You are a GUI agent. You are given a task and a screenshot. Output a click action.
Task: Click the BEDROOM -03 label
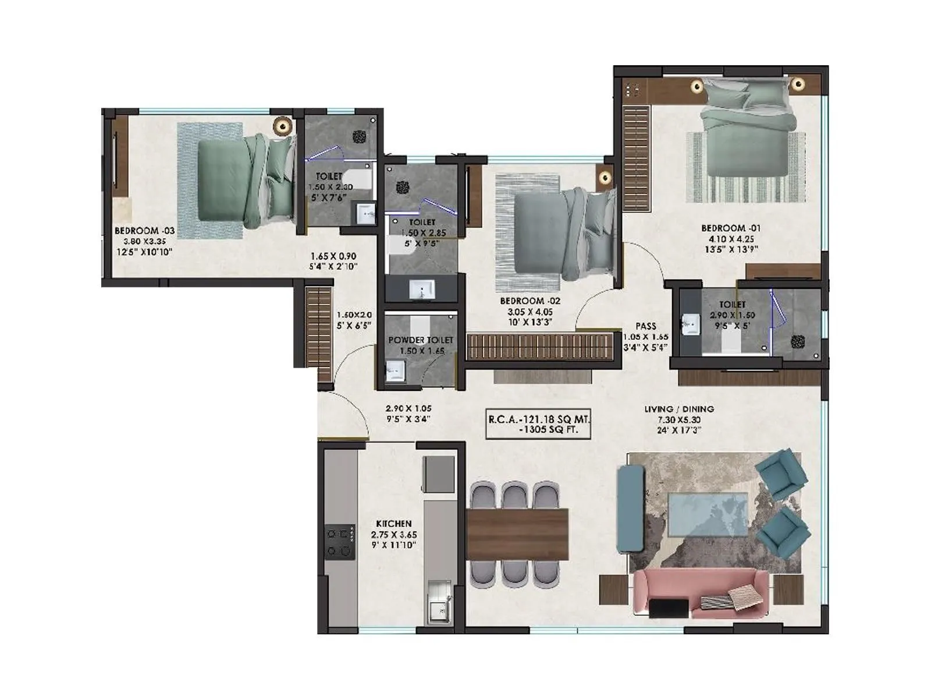144,231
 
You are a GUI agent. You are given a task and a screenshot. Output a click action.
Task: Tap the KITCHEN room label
394,524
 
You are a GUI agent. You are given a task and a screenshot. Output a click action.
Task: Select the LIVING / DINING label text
678,409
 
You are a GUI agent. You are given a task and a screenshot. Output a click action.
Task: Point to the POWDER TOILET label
421,340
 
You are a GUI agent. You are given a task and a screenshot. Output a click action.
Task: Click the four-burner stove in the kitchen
340,542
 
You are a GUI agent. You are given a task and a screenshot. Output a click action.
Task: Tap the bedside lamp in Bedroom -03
283,125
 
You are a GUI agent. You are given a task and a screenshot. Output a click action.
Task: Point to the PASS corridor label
646,326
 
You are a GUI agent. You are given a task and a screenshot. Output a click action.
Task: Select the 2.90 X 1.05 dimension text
408,408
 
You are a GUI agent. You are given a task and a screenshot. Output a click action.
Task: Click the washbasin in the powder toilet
396,370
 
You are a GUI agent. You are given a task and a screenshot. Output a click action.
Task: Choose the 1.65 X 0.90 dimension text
333,256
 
